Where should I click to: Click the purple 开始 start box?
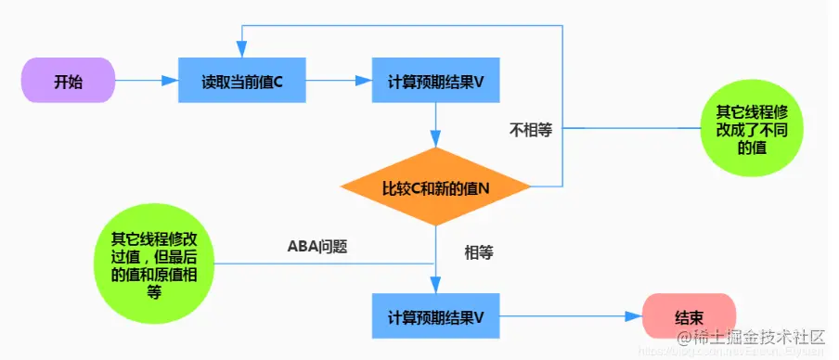pos(67,83)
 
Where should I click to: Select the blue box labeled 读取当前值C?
pos(241,83)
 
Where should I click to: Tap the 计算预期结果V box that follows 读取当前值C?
pos(436,83)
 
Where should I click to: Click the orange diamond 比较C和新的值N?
pos(436,188)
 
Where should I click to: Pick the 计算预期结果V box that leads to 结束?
pos(436,316)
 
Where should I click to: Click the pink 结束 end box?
pos(689,316)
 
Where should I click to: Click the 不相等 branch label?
pos(531,131)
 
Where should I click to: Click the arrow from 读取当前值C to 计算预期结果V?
pos(339,83)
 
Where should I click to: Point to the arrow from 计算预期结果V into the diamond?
pos(436,125)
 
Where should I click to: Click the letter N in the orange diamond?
pos(484,188)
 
